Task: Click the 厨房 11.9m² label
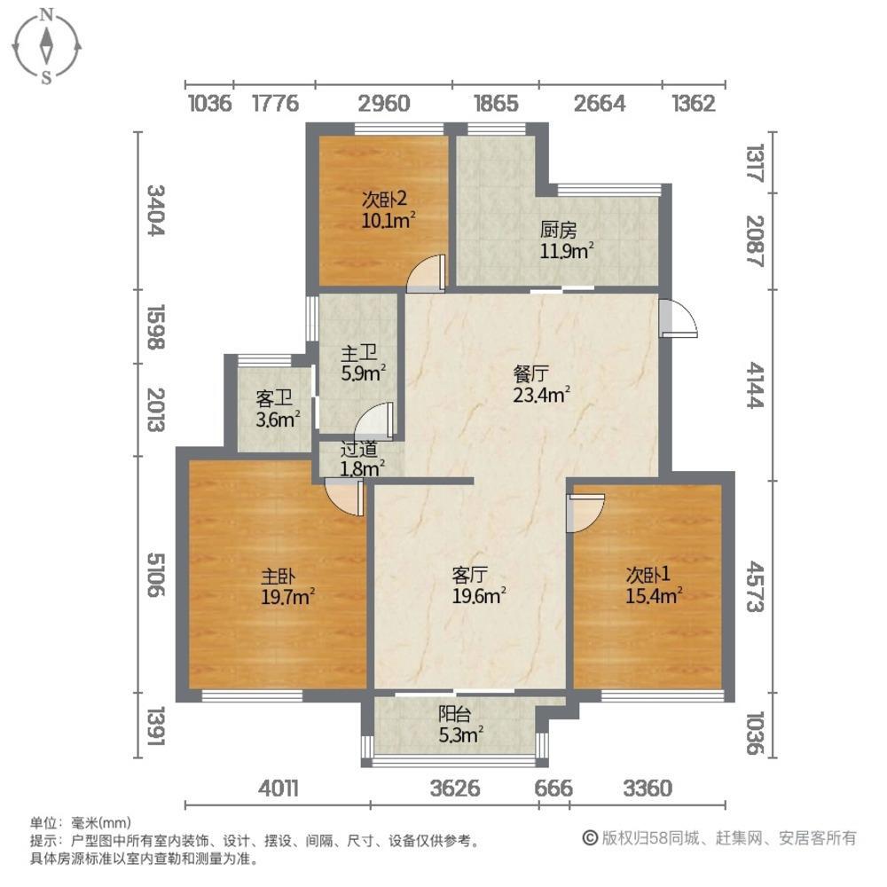(567, 240)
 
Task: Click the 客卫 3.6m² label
(277, 409)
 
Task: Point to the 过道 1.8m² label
(362, 459)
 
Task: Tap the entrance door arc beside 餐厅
(679, 318)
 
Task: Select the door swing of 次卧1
(585, 513)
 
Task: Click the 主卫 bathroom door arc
(374, 421)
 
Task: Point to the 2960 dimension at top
(384, 104)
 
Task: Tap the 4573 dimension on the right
(755, 586)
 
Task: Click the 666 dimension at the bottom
(553, 788)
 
